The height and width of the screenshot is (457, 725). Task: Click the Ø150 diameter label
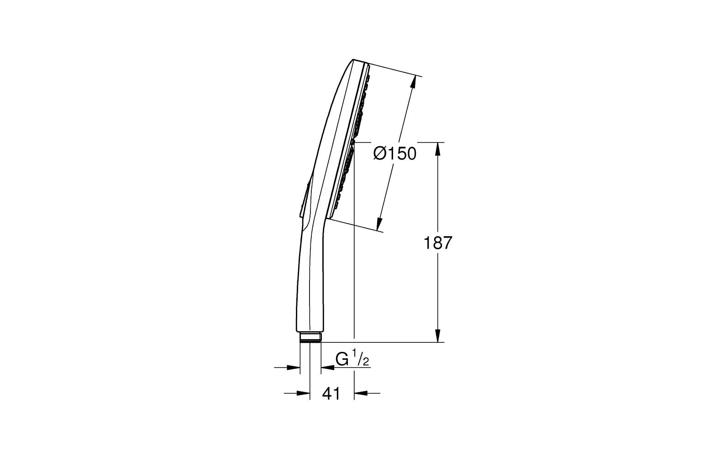pyautogui.click(x=395, y=154)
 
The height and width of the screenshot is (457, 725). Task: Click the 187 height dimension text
pyautogui.click(x=438, y=243)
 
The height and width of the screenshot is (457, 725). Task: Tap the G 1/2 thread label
pyautogui.click(x=352, y=359)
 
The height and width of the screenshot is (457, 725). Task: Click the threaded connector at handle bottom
pyautogui.click(x=311, y=338)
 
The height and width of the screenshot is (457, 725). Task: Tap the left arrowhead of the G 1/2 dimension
pyautogui.click(x=294, y=367)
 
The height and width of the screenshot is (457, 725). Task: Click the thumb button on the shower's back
pyautogui.click(x=305, y=197)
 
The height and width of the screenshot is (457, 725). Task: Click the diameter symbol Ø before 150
pyautogui.click(x=380, y=154)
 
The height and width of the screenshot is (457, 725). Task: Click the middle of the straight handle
pyautogui.click(x=310, y=283)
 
